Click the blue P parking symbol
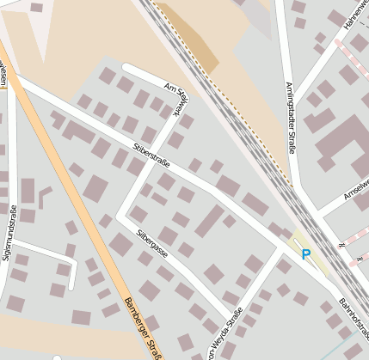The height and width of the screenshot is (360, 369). [x=305, y=254]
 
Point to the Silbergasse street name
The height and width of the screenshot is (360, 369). [x=151, y=244]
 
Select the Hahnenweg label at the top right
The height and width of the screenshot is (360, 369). [x=356, y=17]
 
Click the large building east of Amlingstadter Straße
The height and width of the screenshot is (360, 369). [x=341, y=137]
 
